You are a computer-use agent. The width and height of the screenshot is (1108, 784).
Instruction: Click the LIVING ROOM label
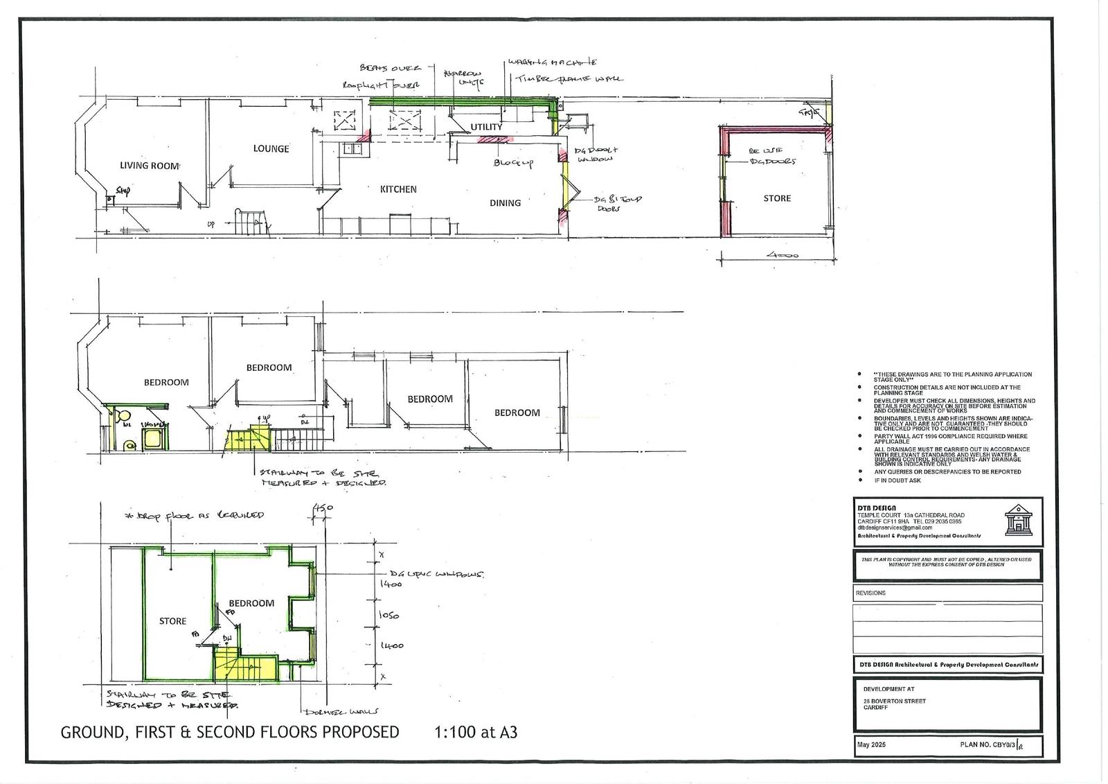(x=150, y=165)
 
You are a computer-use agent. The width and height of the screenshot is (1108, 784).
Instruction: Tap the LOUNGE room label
(x=271, y=148)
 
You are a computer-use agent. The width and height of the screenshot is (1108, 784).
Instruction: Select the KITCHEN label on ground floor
(x=398, y=189)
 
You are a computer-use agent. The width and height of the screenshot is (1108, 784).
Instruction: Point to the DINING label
(x=505, y=202)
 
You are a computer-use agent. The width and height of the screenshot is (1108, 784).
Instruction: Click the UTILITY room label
(x=486, y=127)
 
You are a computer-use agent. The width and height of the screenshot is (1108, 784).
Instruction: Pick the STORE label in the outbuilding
(x=776, y=198)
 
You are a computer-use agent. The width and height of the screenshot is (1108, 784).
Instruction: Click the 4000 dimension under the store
(x=782, y=255)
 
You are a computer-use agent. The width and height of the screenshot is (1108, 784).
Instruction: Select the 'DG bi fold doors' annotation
(x=618, y=202)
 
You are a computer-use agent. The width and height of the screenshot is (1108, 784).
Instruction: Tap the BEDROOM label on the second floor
(x=251, y=603)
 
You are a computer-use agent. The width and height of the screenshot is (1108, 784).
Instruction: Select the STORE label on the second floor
(x=172, y=621)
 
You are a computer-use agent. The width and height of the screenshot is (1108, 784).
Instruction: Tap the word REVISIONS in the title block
(x=870, y=593)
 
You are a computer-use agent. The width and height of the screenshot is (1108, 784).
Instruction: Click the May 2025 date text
(x=871, y=744)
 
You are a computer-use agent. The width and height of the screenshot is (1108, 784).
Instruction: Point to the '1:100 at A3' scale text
(x=476, y=732)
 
